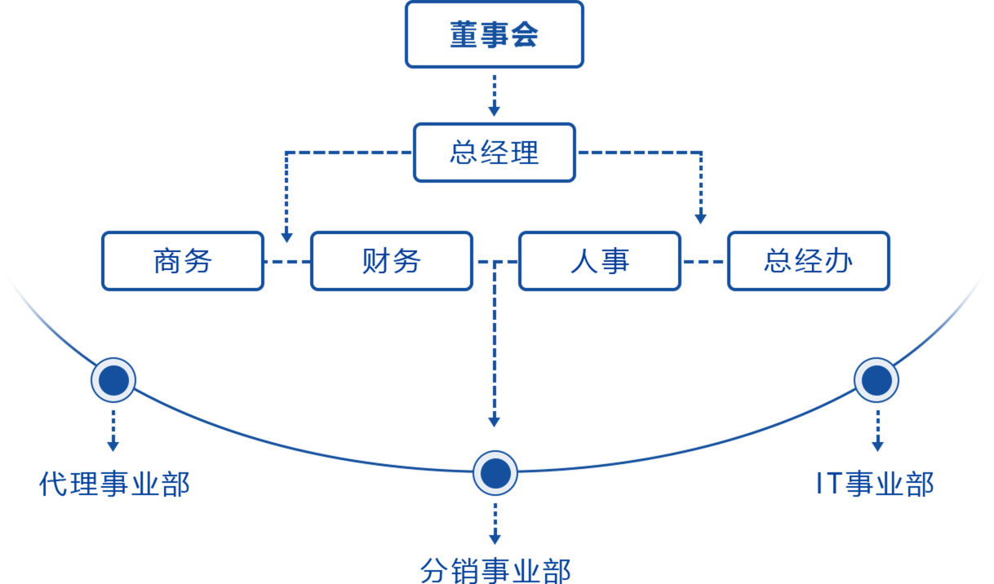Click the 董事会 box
pos(495,34)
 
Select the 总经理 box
pos(495,153)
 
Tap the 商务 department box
pos(183,261)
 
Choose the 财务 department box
pos(392,261)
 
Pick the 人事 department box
pos(600,261)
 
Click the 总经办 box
pos(808,261)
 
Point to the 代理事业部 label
pos(114,484)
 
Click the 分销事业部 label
pos(495,569)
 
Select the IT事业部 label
pos(875,484)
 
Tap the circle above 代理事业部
pos(113,380)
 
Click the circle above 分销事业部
pos(495,473)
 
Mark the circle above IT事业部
pos(876,380)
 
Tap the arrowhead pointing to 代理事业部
pos(113,445)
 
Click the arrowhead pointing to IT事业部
pos(877,445)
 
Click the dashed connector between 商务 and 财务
pos(287,262)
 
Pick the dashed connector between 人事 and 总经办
pos(703,262)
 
